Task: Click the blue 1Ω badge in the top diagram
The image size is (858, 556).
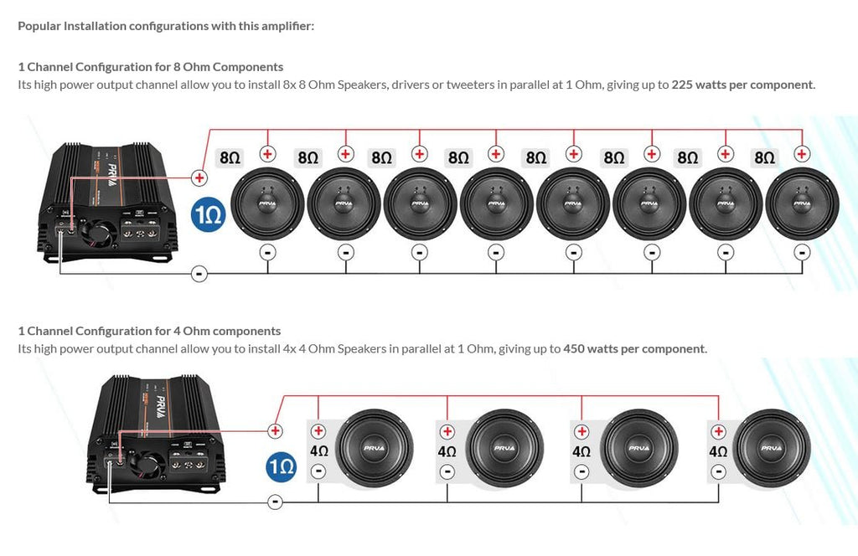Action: (x=207, y=215)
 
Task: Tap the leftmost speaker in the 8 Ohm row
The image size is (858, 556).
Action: (x=267, y=203)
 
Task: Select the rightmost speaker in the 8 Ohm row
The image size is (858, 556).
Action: (x=802, y=203)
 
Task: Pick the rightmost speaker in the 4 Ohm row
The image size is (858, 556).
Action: (x=771, y=448)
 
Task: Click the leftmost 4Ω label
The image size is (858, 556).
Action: (x=318, y=450)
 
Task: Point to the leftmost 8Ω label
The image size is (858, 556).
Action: (x=230, y=157)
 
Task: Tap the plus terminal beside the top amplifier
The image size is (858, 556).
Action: (x=199, y=177)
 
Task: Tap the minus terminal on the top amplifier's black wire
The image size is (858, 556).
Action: (x=199, y=273)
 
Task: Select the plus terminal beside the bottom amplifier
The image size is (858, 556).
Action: (x=274, y=430)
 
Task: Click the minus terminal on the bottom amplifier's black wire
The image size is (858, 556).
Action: (x=274, y=502)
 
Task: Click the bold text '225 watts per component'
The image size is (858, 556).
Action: (x=742, y=85)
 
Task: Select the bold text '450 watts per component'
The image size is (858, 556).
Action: (x=634, y=348)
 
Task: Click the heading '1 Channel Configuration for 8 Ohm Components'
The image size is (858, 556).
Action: (x=151, y=67)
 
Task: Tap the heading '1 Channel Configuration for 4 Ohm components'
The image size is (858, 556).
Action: (x=149, y=331)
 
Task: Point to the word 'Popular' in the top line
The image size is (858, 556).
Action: (x=39, y=26)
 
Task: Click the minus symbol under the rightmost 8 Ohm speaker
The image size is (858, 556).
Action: (x=802, y=252)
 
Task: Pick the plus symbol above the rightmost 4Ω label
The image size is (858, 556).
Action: (x=718, y=431)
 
